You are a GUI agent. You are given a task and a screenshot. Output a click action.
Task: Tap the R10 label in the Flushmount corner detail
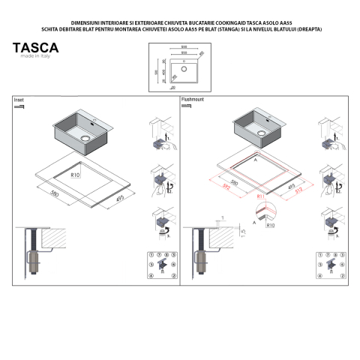pos(270,224)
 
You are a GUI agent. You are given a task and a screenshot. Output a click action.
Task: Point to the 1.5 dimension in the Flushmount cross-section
pos(243,232)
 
